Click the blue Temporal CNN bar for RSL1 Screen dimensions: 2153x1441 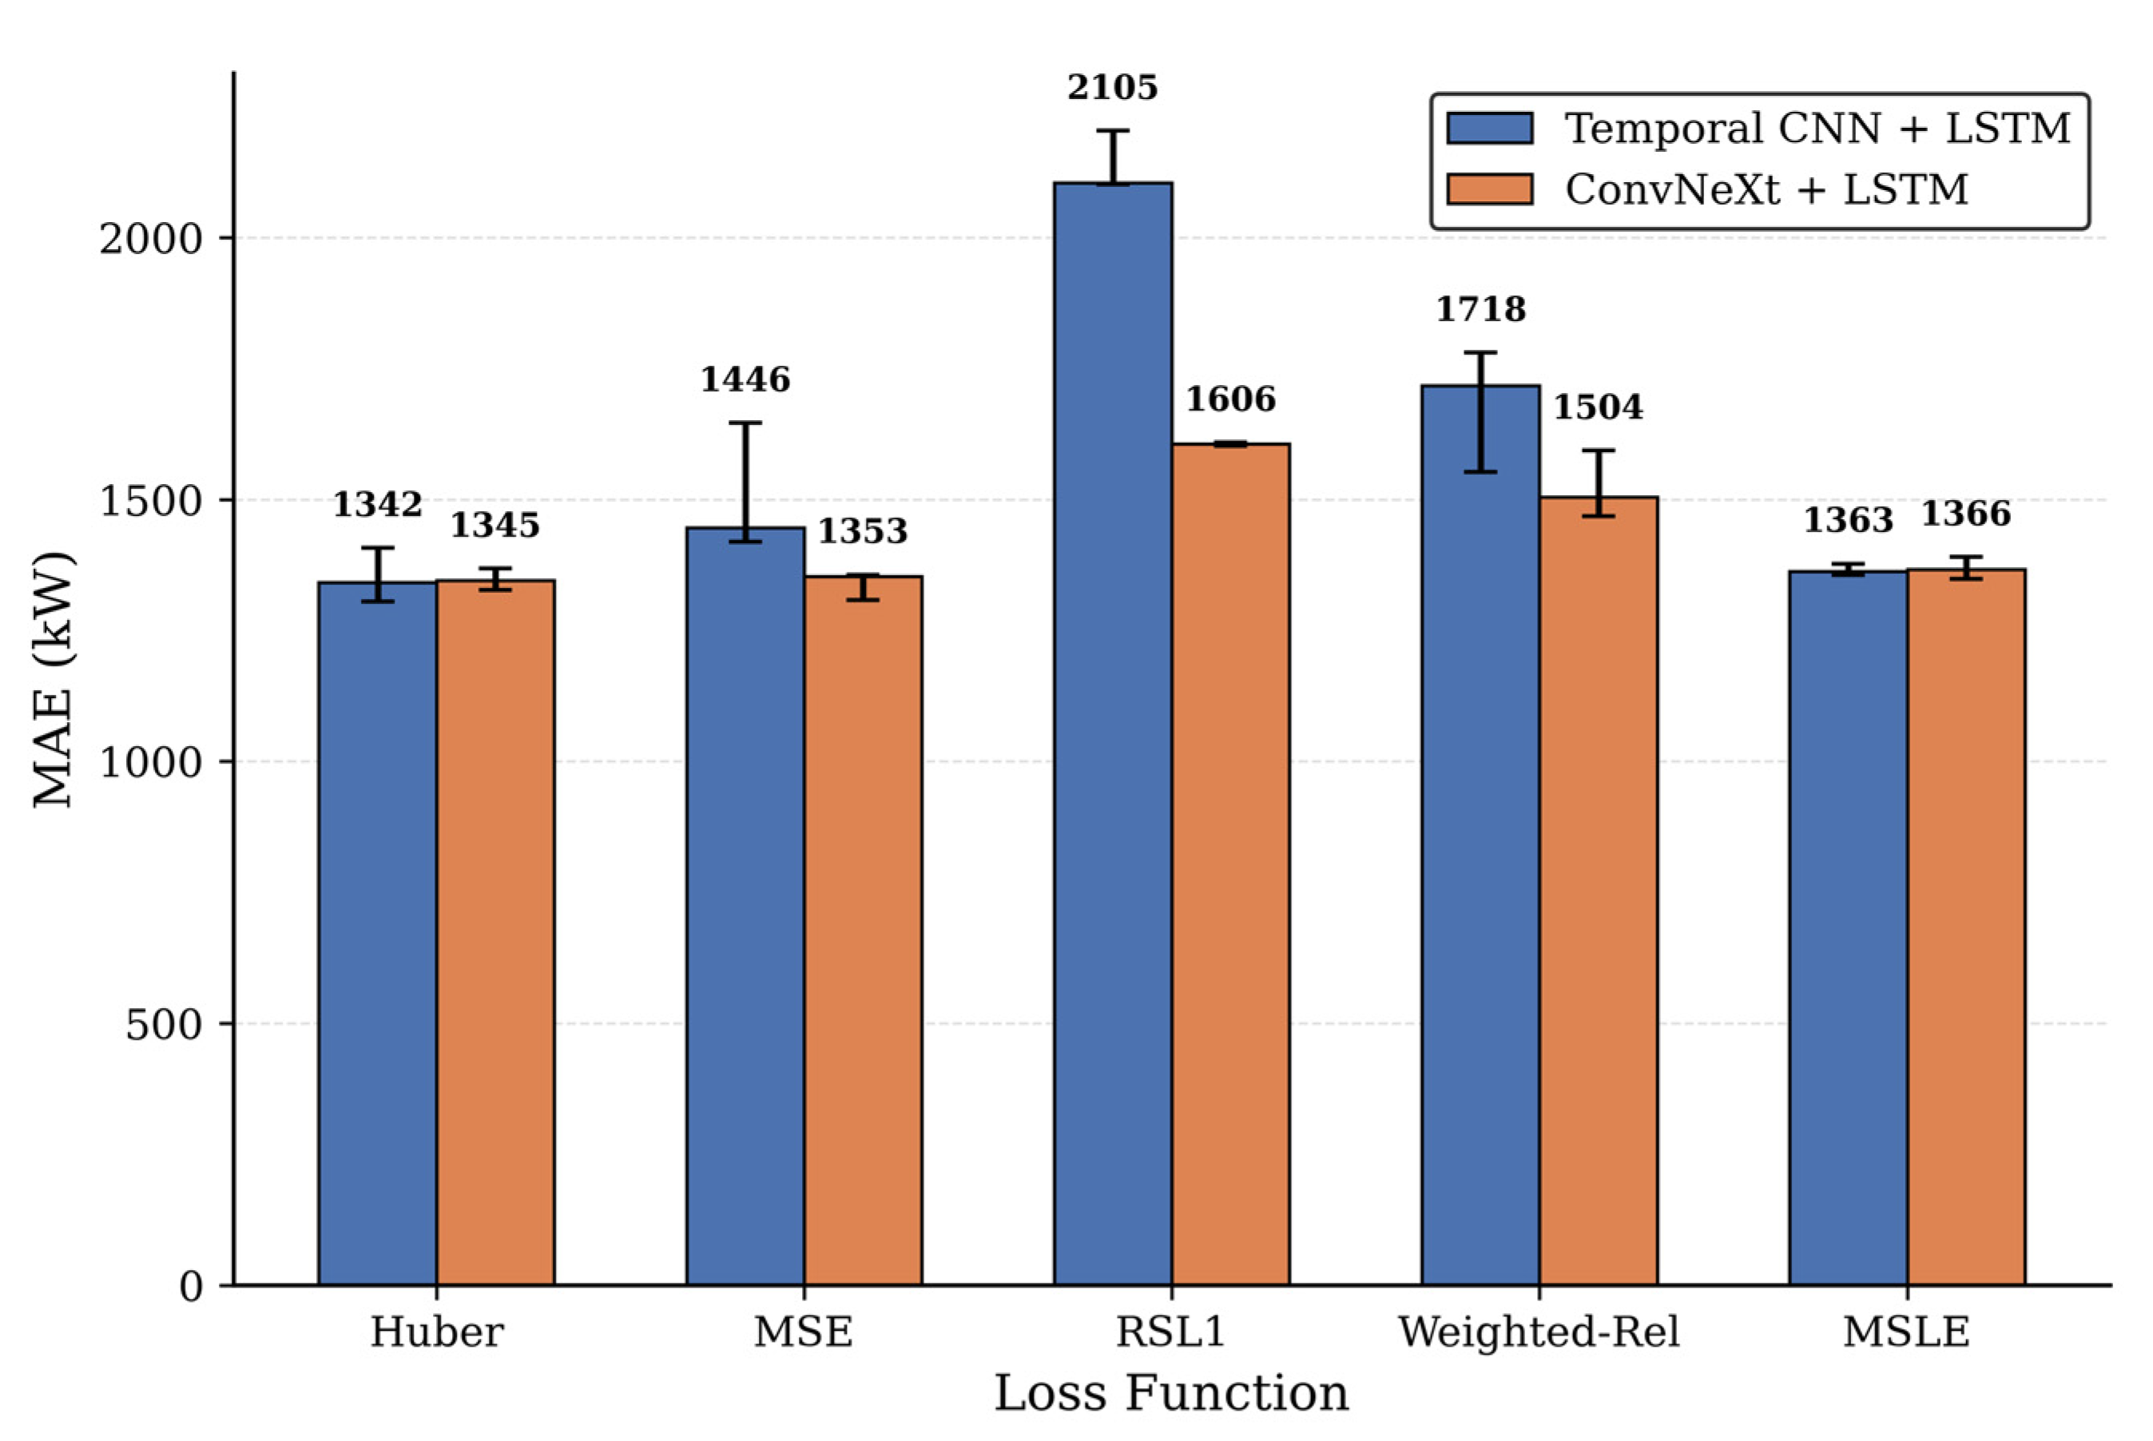(x=1113, y=733)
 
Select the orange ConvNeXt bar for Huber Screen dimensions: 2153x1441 (x=495, y=932)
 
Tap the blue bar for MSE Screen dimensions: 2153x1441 (x=745, y=906)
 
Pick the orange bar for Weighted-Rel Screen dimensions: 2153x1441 (x=1599, y=891)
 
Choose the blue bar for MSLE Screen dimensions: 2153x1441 (x=1849, y=928)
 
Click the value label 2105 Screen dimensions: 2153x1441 (x=1113, y=88)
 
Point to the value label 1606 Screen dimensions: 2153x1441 (x=1231, y=399)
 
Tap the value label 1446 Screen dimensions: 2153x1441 (x=745, y=379)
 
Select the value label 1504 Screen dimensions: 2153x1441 (x=1599, y=407)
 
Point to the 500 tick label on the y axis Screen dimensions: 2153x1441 (x=165, y=1024)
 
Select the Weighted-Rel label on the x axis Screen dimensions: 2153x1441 (x=1539, y=1332)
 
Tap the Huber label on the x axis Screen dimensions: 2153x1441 (x=436, y=1332)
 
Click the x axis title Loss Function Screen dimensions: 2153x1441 (x=1172, y=1393)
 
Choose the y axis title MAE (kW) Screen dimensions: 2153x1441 (x=53, y=679)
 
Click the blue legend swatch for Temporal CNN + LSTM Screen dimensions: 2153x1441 (x=1490, y=128)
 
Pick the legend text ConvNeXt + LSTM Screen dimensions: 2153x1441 (x=1767, y=189)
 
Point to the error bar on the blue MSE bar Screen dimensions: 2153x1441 (x=745, y=482)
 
